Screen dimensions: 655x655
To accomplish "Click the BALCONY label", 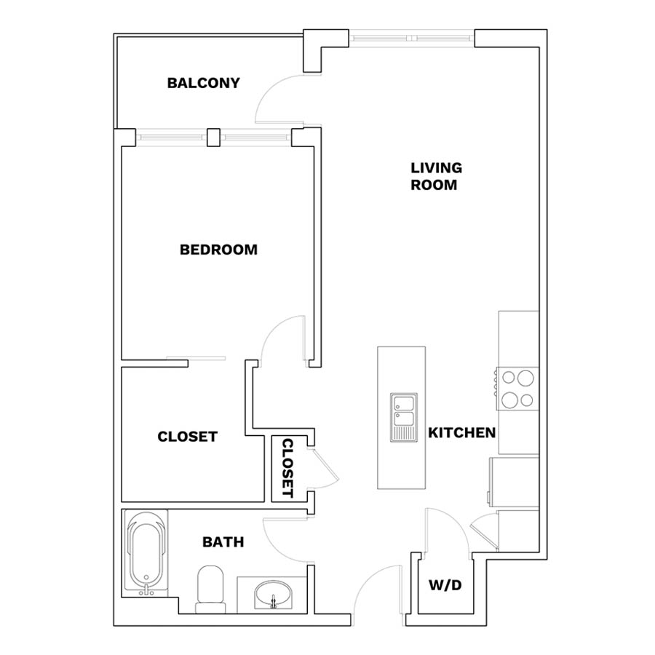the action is pyautogui.click(x=204, y=83).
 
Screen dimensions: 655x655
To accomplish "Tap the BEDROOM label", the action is pyautogui.click(x=218, y=250).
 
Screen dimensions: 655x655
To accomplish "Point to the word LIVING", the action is pyautogui.click(x=437, y=168).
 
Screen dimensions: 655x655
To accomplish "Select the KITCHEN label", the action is pyautogui.click(x=462, y=432).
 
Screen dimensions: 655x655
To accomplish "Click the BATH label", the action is pyautogui.click(x=223, y=541).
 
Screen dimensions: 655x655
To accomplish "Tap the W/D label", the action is pyautogui.click(x=445, y=585).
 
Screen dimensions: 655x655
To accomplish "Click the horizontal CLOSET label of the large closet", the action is pyautogui.click(x=188, y=437).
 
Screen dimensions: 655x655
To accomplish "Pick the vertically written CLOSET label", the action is pyautogui.click(x=287, y=468).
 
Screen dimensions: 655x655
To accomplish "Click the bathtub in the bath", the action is pyautogui.click(x=146, y=552).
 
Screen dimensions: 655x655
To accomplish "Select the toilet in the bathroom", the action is pyautogui.click(x=210, y=589).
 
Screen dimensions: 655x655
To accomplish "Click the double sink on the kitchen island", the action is pyautogui.click(x=403, y=417).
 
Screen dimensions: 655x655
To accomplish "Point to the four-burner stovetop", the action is pyautogui.click(x=517, y=389).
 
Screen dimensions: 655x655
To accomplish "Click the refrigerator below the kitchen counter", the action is pyautogui.click(x=514, y=483).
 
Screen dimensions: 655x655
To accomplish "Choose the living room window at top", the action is pyautogui.click(x=411, y=39).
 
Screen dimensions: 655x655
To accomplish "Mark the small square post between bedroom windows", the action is pyautogui.click(x=213, y=138).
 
